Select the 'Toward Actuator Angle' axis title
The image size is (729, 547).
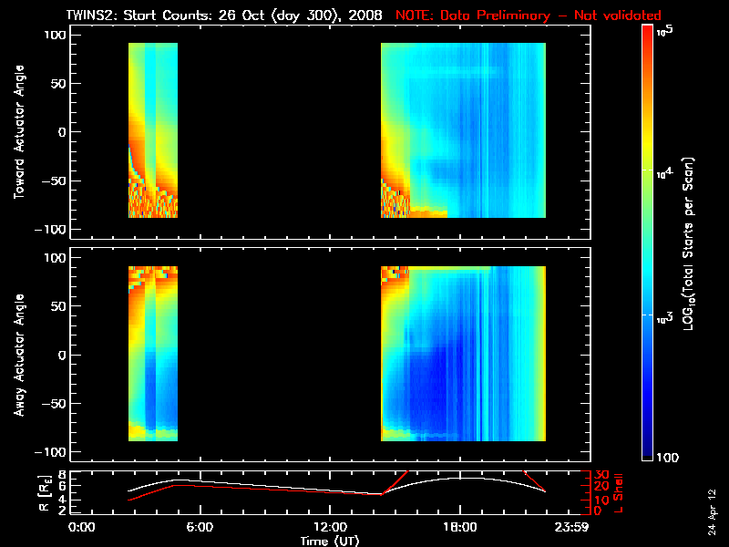coord(17,132)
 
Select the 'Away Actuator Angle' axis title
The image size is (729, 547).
coord(17,356)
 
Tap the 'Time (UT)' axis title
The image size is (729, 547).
coord(333,541)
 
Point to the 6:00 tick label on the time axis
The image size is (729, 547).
coord(200,527)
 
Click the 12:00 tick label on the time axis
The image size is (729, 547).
coord(329,527)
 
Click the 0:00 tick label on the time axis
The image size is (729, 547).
coord(82,527)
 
